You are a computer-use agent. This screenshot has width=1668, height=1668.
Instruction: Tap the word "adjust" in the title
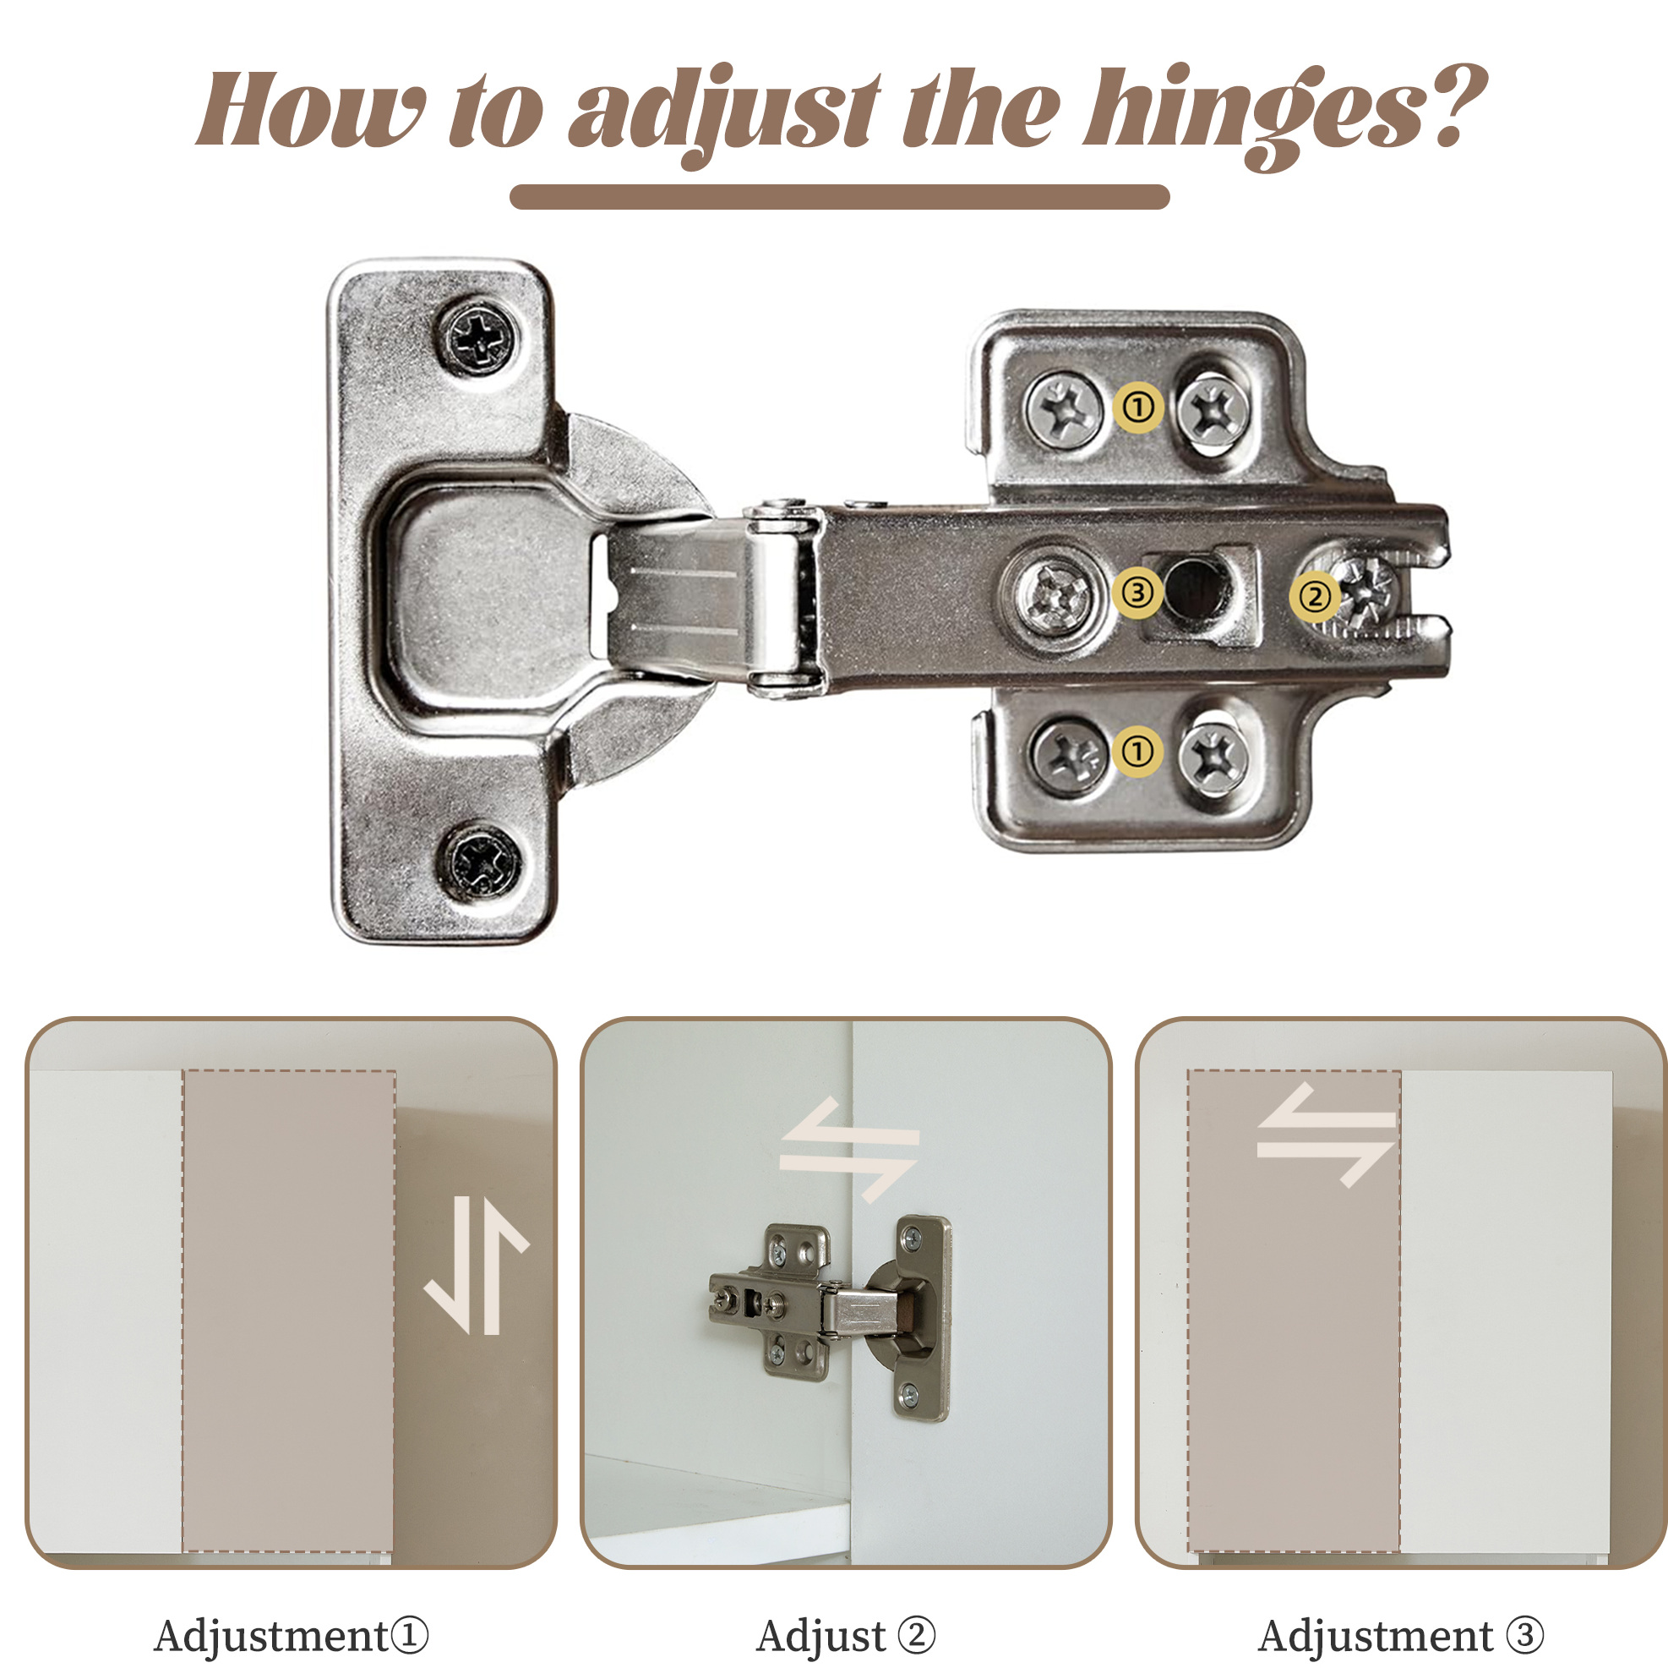pos(725,118)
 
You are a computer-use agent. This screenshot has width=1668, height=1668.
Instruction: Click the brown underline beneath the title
pos(839,197)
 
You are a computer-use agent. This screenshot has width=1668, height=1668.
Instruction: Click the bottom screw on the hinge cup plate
pos(482,861)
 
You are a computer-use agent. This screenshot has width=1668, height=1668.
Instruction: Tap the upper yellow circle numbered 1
pos(1139,406)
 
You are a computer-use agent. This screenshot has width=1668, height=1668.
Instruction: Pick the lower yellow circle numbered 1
pos(1139,751)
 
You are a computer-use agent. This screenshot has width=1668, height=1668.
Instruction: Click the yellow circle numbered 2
pos(1315,597)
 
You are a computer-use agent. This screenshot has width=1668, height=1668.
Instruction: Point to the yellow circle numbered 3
pos(1137,593)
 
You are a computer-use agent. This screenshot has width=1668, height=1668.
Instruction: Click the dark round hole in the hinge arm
pos(1192,590)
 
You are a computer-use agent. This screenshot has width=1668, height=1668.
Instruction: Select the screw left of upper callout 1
pos(1064,408)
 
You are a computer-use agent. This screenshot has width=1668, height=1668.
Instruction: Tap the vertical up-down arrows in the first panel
pos(477,1266)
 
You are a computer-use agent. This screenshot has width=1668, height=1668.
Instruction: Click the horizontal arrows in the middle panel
pos(849,1150)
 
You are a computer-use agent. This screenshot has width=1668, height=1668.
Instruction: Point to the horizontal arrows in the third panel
pos(1326,1135)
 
